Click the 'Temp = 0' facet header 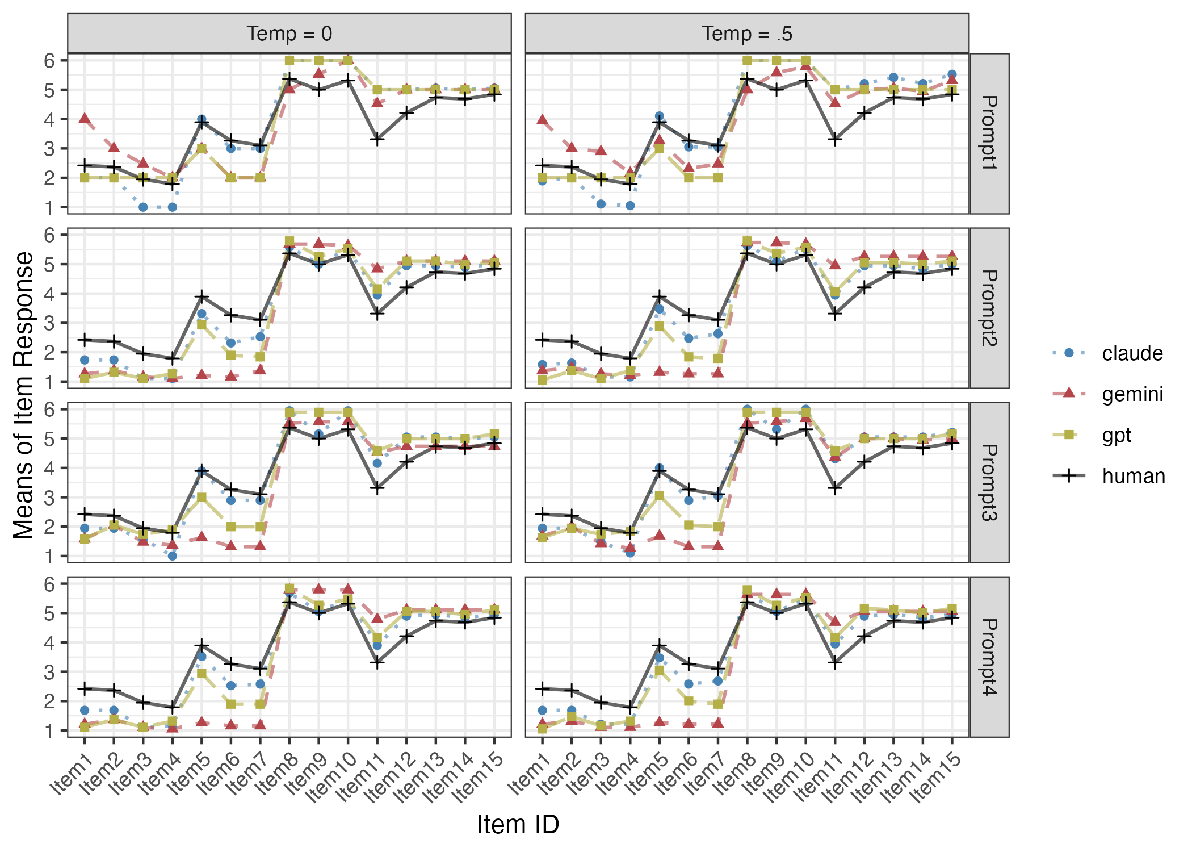(x=289, y=34)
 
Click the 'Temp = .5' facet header (x=746, y=34)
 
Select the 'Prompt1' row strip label (x=989, y=133)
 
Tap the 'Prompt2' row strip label (x=989, y=308)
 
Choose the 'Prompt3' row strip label (x=989, y=482)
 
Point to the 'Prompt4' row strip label (x=989, y=657)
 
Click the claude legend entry (x=1132, y=353)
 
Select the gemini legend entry (x=1132, y=394)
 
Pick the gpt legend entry (x=1117, y=435)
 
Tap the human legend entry (x=1133, y=476)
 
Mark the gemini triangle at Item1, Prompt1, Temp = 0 (x=85, y=118)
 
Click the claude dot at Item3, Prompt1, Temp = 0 (x=143, y=207)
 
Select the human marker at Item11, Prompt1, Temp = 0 (x=377, y=139)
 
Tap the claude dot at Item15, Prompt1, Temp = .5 (x=952, y=74)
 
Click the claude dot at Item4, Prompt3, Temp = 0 (x=173, y=556)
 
